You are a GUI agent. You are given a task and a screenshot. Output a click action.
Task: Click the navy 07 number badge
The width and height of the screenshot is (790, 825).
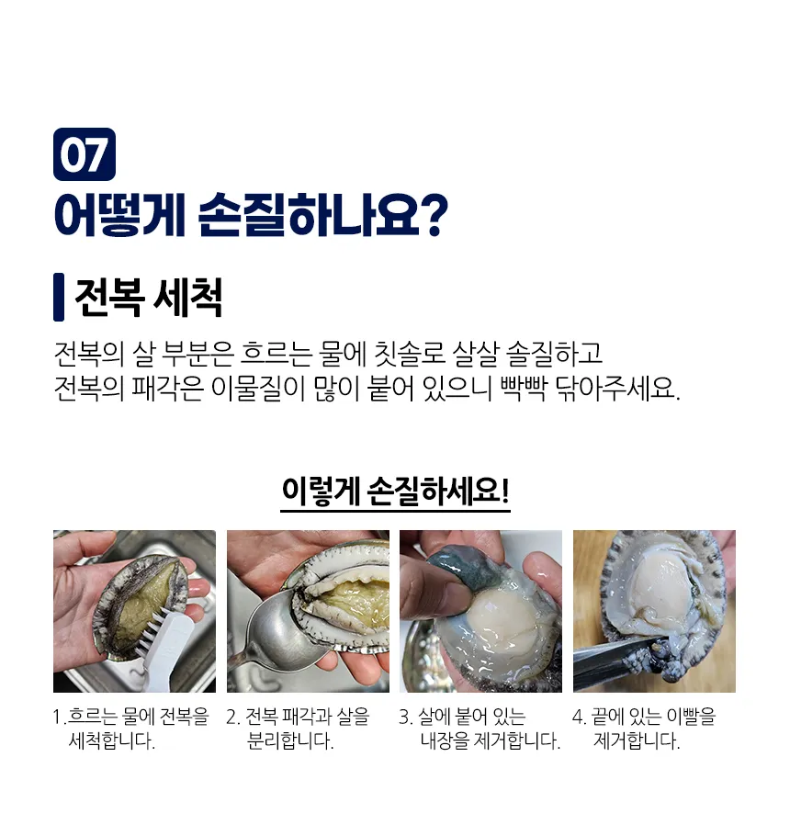point(85,154)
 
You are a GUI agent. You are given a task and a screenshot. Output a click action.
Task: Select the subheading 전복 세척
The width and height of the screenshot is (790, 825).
point(149,298)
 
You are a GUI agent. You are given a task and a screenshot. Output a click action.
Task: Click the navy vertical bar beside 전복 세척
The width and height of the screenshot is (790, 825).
point(59,298)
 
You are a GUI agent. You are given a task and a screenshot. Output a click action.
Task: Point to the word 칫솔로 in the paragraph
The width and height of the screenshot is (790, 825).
point(409,354)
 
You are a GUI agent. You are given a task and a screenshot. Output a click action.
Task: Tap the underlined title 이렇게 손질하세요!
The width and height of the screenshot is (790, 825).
point(395,491)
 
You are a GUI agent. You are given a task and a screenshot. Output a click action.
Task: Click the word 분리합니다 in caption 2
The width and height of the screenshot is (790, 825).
point(290,741)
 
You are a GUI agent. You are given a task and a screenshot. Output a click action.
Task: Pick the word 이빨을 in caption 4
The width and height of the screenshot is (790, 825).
point(691,717)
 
